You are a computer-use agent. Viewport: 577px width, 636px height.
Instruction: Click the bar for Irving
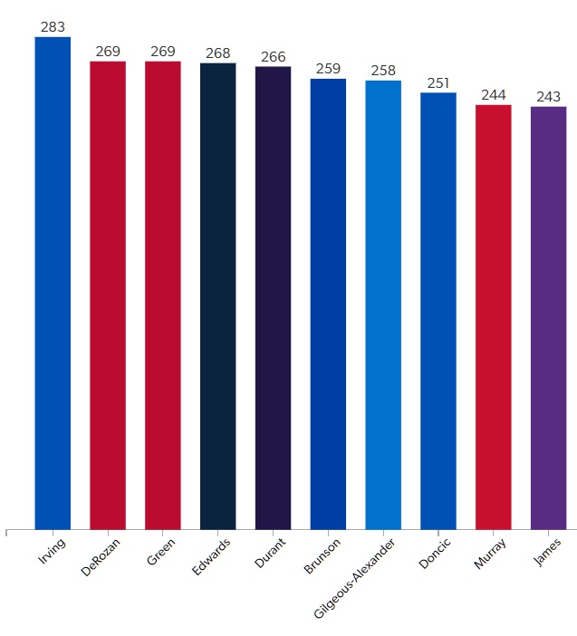pyautogui.click(x=53, y=283)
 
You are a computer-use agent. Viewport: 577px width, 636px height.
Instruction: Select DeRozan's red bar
pyautogui.click(x=108, y=294)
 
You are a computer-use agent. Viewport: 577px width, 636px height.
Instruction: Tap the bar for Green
pyautogui.click(x=163, y=294)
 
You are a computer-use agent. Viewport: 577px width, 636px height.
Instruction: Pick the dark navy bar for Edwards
pyautogui.click(x=218, y=295)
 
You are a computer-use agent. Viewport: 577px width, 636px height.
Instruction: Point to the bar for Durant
pyautogui.click(x=273, y=297)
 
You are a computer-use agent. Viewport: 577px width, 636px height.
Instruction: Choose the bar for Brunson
pyautogui.click(x=328, y=304)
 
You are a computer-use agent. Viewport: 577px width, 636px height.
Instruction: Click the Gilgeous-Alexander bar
pyautogui.click(x=383, y=304)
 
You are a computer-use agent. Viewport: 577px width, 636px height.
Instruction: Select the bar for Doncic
pyautogui.click(x=438, y=311)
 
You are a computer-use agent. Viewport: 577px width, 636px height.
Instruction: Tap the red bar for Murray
pyautogui.click(x=494, y=316)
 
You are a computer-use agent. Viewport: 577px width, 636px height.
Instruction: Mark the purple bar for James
pyautogui.click(x=548, y=317)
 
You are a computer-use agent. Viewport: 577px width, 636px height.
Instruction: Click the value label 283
pyautogui.click(x=53, y=27)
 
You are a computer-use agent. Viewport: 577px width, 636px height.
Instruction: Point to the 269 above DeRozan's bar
pyautogui.click(x=108, y=52)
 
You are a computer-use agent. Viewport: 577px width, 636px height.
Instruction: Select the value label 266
pyautogui.click(x=273, y=57)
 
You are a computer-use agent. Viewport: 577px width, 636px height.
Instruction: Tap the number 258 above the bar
pyautogui.click(x=383, y=71)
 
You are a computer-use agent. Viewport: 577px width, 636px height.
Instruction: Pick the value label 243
pyautogui.click(x=548, y=97)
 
